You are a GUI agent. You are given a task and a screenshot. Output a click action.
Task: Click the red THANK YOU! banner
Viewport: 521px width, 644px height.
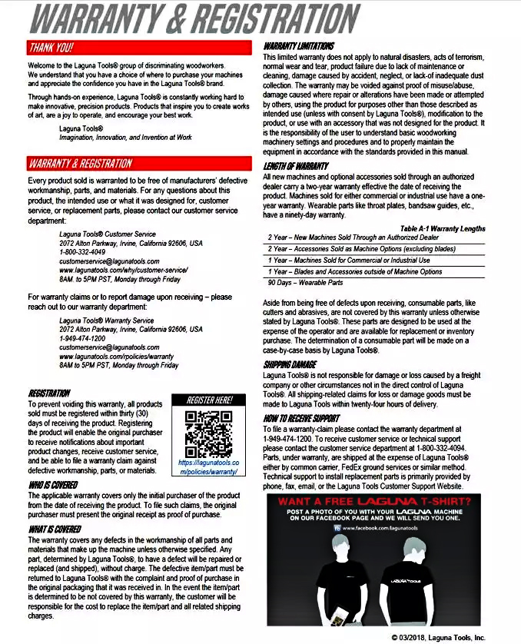point(139,48)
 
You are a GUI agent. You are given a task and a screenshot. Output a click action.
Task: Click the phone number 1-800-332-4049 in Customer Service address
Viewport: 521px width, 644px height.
point(82,252)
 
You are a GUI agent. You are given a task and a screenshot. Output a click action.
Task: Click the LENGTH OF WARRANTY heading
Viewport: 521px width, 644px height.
point(296,166)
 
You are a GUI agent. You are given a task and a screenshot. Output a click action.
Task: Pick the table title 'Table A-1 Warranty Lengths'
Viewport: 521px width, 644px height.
point(443,228)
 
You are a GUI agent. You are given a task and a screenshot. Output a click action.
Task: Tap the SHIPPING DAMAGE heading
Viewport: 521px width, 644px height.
point(290,363)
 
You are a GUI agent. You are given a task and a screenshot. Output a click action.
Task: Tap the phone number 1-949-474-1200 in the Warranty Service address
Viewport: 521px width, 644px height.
point(82,338)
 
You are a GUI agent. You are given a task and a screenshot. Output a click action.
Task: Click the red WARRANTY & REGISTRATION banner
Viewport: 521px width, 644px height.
point(139,164)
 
